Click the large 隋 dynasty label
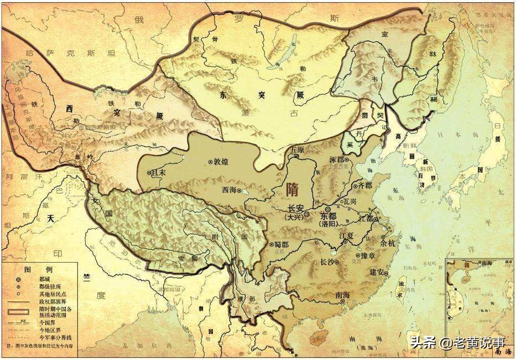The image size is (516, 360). tap(295, 190)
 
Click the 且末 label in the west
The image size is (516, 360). tap(160, 173)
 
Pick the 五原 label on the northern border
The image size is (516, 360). tap(298, 149)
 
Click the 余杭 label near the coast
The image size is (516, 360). tap(389, 242)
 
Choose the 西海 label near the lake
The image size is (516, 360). tap(229, 189)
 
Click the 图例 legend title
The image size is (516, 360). tap(46, 269)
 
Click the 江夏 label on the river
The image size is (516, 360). tap(347, 236)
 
